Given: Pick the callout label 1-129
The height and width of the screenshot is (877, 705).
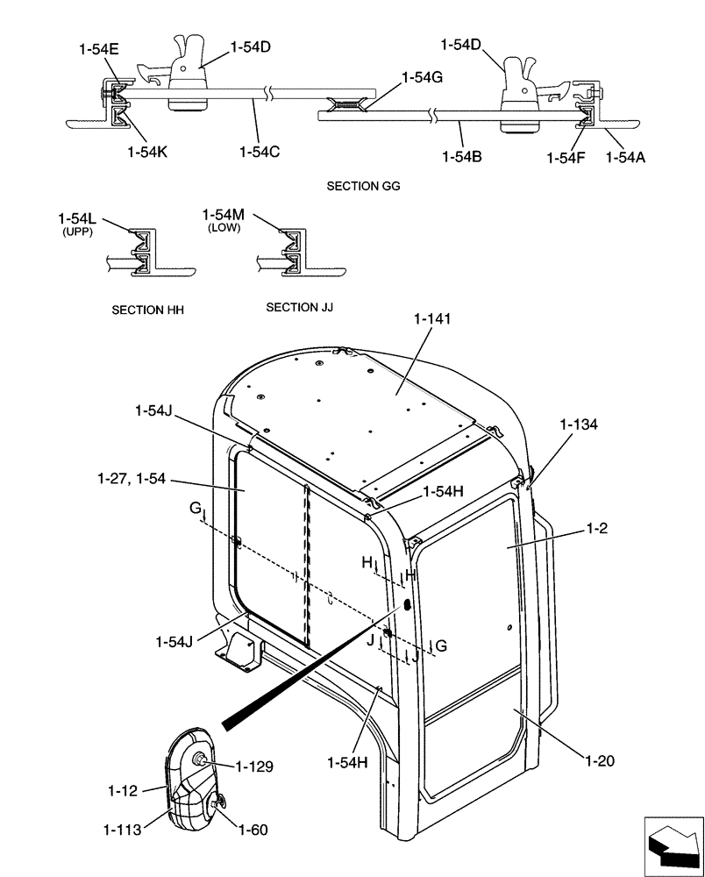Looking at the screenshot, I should pyautogui.click(x=253, y=766).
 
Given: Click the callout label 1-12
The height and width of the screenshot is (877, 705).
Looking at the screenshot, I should pyautogui.click(x=123, y=790).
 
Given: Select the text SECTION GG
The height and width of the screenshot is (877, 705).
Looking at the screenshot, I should pyautogui.click(x=363, y=187).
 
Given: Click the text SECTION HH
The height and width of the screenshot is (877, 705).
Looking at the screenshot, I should pyautogui.click(x=148, y=310).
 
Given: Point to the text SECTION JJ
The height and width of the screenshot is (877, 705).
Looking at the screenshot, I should pyautogui.click(x=299, y=307).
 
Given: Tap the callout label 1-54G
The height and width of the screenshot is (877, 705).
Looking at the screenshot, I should pyautogui.click(x=422, y=77).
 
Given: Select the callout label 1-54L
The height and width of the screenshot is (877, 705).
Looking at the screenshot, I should pyautogui.click(x=77, y=217).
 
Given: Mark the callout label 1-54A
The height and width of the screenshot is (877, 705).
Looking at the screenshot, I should pyautogui.click(x=626, y=157).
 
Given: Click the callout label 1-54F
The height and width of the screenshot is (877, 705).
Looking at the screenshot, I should pyautogui.click(x=566, y=157).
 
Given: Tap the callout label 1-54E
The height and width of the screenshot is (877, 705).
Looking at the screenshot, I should pyautogui.click(x=97, y=51).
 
